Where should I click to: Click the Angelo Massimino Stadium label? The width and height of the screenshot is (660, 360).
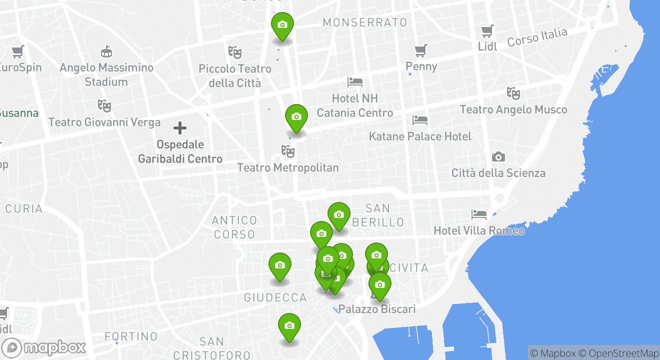tap(106, 74)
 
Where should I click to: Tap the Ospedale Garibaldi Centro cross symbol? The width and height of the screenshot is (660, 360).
tap(180, 128)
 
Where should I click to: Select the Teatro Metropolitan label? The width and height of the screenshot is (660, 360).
tap(287, 167)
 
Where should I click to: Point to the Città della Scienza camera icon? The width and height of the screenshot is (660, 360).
tap(498, 157)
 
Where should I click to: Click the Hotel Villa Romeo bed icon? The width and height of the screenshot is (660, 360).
tap(479, 214)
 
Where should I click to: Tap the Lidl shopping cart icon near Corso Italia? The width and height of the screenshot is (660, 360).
tap(487, 31)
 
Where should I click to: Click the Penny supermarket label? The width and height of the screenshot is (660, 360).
tap(421, 66)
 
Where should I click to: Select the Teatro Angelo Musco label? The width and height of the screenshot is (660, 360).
tap(513, 109)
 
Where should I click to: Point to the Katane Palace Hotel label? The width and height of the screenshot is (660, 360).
tap(420, 136)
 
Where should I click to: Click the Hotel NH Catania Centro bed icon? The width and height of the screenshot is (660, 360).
tap(355, 81)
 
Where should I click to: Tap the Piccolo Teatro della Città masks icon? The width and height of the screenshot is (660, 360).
tap(235, 51)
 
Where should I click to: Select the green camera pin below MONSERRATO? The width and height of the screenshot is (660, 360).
tap(282, 25)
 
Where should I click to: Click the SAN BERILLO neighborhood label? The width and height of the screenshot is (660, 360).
tap(378, 215)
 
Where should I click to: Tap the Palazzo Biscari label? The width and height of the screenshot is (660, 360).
tap(377, 309)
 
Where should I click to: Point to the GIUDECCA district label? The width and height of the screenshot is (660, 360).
tap(275, 298)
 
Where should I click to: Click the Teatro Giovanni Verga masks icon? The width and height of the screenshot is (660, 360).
tap(104, 105)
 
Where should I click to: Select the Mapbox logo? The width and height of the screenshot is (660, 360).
tap(43, 347)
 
